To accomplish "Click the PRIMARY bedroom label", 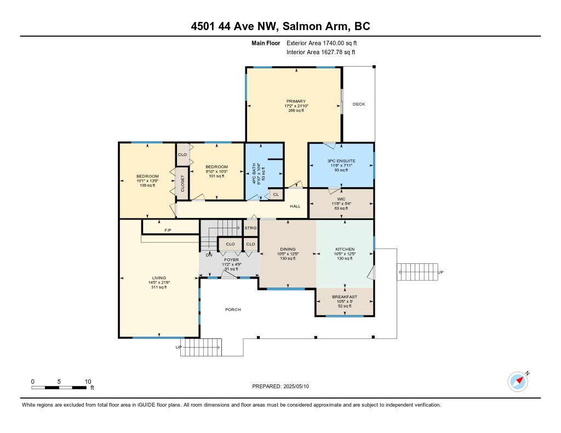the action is tap(296, 101).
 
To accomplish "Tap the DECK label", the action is tap(359, 104).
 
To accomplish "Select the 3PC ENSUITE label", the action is tap(341, 161).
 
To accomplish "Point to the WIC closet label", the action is tap(341, 199).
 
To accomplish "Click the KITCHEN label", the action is tap(345, 249).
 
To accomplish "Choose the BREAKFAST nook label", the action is tap(345, 297).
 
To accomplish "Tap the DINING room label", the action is tap(288, 249).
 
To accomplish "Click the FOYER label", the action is tap(232, 260).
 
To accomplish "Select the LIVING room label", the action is tap(159, 278).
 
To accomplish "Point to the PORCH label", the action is tap(233, 310).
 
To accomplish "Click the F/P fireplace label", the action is tap(168, 230).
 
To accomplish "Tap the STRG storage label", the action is tap(250, 228).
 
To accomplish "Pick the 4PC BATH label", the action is tap(254, 174).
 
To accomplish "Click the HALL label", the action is tap(295, 206).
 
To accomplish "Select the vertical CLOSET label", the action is tap(182, 183).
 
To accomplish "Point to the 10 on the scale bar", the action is tap(88, 382).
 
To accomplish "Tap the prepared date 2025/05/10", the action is tap(296, 386).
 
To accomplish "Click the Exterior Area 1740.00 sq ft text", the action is tap(322, 43).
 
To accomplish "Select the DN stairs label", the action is tap(209, 255).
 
